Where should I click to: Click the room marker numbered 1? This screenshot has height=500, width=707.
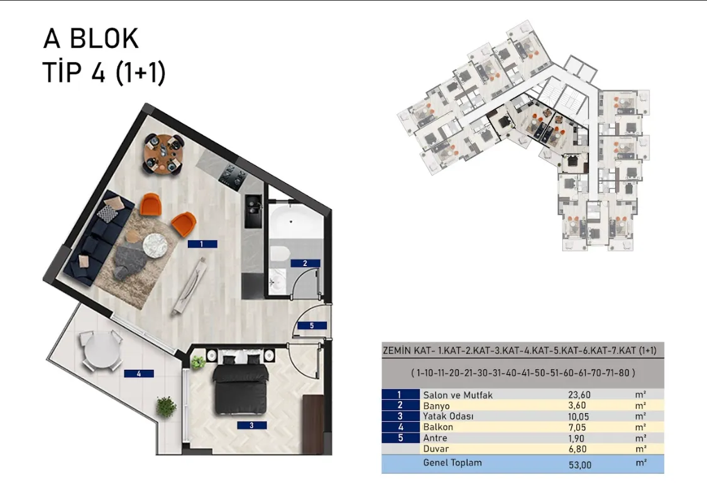(202, 244)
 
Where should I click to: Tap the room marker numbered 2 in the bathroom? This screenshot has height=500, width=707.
(305, 263)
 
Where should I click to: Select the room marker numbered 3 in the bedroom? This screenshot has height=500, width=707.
(251, 425)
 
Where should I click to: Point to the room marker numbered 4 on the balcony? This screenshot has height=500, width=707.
(139, 374)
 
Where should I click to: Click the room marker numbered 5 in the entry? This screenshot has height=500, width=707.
(312, 325)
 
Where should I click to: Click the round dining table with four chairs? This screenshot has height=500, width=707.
(164, 154)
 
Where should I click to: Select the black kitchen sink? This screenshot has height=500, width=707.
(253, 211)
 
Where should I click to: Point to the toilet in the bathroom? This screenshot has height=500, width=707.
(279, 253)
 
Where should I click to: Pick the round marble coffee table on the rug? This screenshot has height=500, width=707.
(155, 245)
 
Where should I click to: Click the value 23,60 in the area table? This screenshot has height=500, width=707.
(579, 395)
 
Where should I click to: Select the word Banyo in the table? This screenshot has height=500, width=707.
(437, 406)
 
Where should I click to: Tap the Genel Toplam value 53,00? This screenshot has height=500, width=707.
(580, 465)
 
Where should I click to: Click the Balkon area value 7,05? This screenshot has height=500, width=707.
(577, 427)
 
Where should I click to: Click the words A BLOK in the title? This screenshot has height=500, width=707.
(90, 38)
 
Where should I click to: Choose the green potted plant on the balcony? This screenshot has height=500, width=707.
(166, 406)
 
